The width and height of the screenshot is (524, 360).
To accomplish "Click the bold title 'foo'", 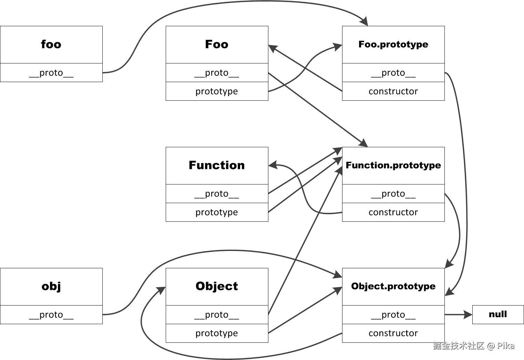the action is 51,44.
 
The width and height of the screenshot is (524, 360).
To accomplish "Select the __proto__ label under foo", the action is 51,73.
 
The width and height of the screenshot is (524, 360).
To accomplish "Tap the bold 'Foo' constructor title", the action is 216,44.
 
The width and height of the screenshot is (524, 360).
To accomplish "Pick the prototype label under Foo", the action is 217,91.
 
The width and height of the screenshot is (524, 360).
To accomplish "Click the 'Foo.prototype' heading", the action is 393,44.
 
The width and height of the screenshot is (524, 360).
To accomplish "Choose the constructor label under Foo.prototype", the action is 393,91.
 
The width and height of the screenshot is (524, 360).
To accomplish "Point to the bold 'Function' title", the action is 216,165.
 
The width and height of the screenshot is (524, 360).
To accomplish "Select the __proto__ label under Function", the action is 216,194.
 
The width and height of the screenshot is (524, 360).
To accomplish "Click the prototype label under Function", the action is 217,212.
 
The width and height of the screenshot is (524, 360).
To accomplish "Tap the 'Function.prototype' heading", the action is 393,165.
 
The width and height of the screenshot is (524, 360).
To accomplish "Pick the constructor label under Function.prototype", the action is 393,212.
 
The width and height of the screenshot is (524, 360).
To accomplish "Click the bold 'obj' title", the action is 51,286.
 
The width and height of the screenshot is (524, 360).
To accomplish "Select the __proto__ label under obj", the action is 51,315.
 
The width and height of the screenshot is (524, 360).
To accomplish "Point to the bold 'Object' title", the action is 216,286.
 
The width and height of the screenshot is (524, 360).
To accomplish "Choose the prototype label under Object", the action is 217,333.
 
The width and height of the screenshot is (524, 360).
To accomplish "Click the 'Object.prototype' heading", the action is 393,286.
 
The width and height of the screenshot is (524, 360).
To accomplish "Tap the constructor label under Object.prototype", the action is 393,333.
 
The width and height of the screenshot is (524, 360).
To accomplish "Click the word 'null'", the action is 497,314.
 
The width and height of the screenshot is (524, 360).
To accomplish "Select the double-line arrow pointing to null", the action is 458,314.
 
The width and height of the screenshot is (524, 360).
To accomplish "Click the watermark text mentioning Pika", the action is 474,346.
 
